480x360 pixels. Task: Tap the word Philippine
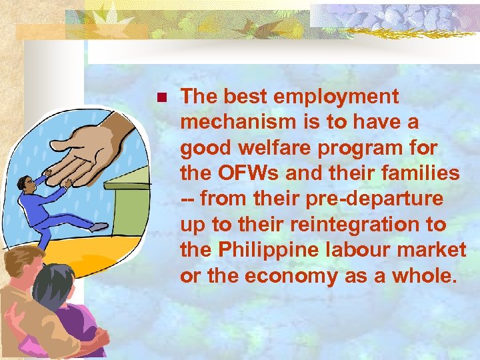point(271,250)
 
